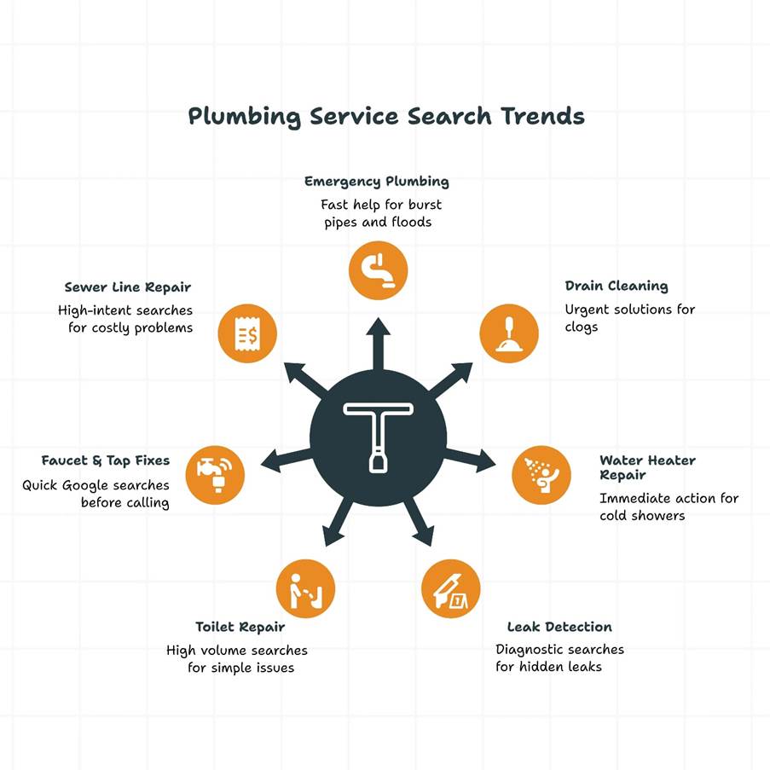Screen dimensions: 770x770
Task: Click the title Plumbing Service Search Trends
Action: (385, 116)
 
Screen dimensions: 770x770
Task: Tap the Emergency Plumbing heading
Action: (376, 182)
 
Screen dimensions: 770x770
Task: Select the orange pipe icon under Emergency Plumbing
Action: (378, 271)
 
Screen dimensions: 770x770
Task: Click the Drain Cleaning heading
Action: (616, 287)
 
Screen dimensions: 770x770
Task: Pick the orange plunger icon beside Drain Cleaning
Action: (509, 333)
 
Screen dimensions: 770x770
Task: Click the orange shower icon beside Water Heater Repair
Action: (541, 475)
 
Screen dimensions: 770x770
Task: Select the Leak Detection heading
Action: (559, 628)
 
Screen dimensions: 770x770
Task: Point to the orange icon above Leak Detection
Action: (451, 588)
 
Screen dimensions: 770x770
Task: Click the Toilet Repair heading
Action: (240, 628)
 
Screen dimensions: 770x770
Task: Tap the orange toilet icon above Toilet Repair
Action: (305, 588)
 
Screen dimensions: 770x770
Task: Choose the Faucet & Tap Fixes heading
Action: (106, 460)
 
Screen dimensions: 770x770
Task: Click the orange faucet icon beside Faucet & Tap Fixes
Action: (215, 474)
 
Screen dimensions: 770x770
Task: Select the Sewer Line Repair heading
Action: (128, 287)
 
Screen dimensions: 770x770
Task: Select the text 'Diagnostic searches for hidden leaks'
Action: (559, 657)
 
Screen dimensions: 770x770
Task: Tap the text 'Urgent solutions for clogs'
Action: (629, 317)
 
